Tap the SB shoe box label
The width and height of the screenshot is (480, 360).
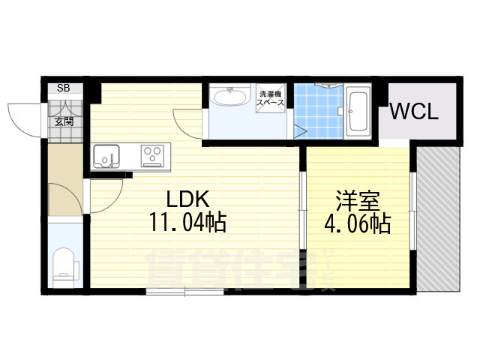coord(63,88)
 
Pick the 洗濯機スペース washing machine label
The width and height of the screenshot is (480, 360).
coord(271,98)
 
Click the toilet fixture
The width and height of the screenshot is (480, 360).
coord(64,264)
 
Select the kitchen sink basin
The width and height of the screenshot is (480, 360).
coord(106,157)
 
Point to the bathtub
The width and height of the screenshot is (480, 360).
coord(358,113)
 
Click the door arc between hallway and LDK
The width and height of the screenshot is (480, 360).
coord(105,196)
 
